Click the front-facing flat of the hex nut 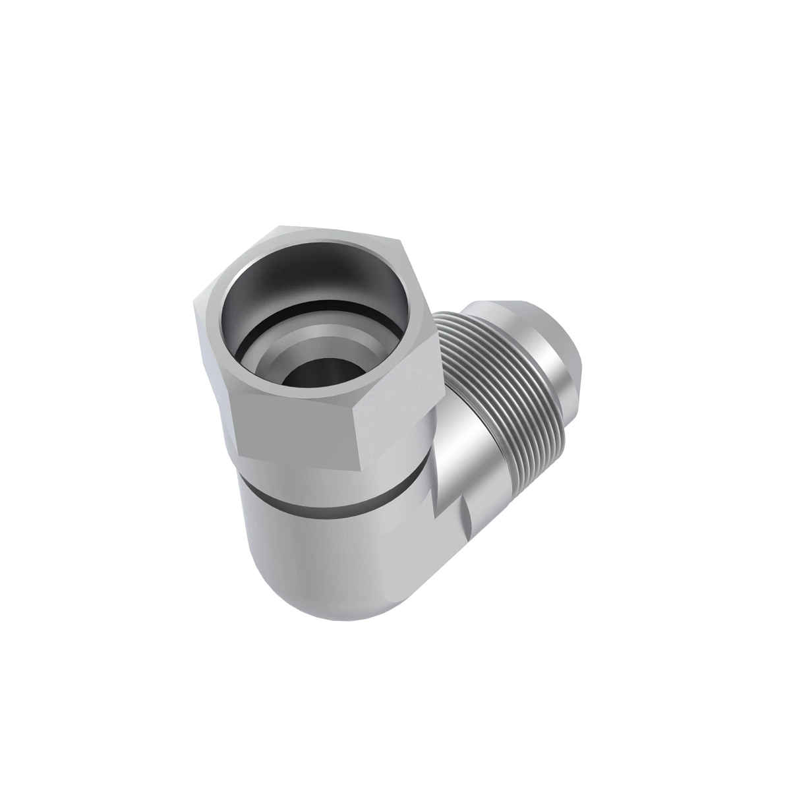297,425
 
